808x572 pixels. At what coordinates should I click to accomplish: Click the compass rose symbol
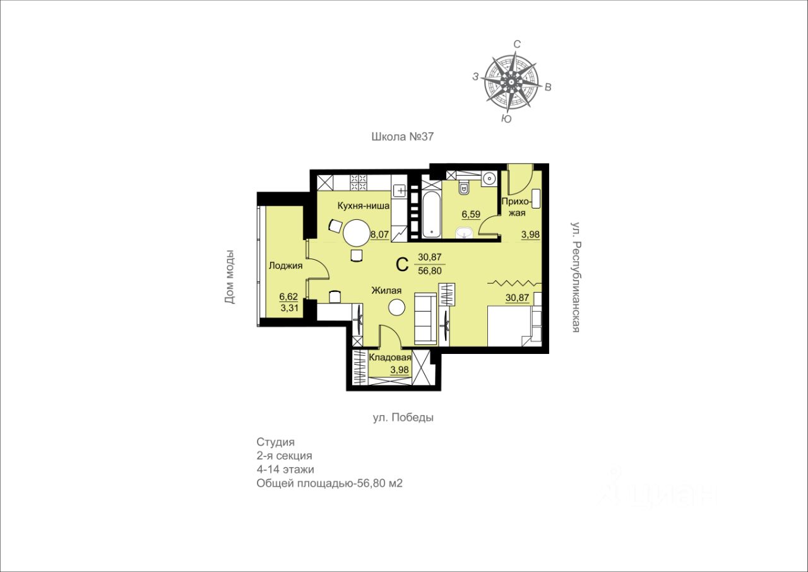point(511,82)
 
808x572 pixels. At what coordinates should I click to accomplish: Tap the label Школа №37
point(402,137)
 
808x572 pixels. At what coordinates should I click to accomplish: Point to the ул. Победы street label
point(403,417)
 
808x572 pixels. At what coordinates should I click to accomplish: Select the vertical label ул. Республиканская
point(576,277)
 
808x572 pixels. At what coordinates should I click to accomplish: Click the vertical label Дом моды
point(229,277)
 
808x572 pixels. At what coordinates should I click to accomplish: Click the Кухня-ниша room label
point(363,206)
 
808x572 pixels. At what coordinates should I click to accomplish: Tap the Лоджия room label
point(286,266)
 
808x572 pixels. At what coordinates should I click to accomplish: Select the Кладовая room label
point(390,358)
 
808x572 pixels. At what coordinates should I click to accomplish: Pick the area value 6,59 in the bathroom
point(471,214)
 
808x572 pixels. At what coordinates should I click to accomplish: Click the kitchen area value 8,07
point(380,234)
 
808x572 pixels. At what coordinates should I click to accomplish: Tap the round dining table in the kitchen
point(357,233)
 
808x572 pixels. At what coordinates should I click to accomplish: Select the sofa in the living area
point(425,318)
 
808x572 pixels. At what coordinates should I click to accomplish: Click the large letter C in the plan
point(402,264)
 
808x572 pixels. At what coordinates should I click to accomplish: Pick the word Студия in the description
point(276,442)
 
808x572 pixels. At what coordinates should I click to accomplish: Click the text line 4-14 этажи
point(285,470)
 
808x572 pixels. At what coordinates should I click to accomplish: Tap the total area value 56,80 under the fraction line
point(430,271)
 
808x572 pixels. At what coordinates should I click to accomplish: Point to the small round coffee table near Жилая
point(396,308)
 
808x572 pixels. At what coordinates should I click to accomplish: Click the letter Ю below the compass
point(507,119)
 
